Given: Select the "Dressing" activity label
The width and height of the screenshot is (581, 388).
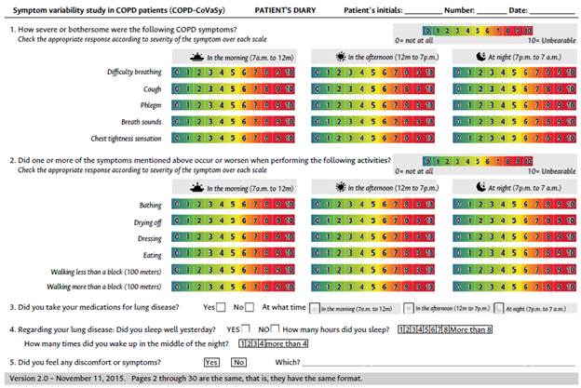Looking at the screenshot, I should click(x=146, y=238).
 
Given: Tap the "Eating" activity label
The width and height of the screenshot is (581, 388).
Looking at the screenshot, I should click(x=150, y=255).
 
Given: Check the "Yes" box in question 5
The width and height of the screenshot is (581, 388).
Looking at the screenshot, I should click(x=211, y=362).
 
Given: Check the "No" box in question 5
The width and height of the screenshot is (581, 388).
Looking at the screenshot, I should click(x=239, y=362).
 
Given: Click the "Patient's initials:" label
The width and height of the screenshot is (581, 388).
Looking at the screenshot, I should click(x=374, y=7).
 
